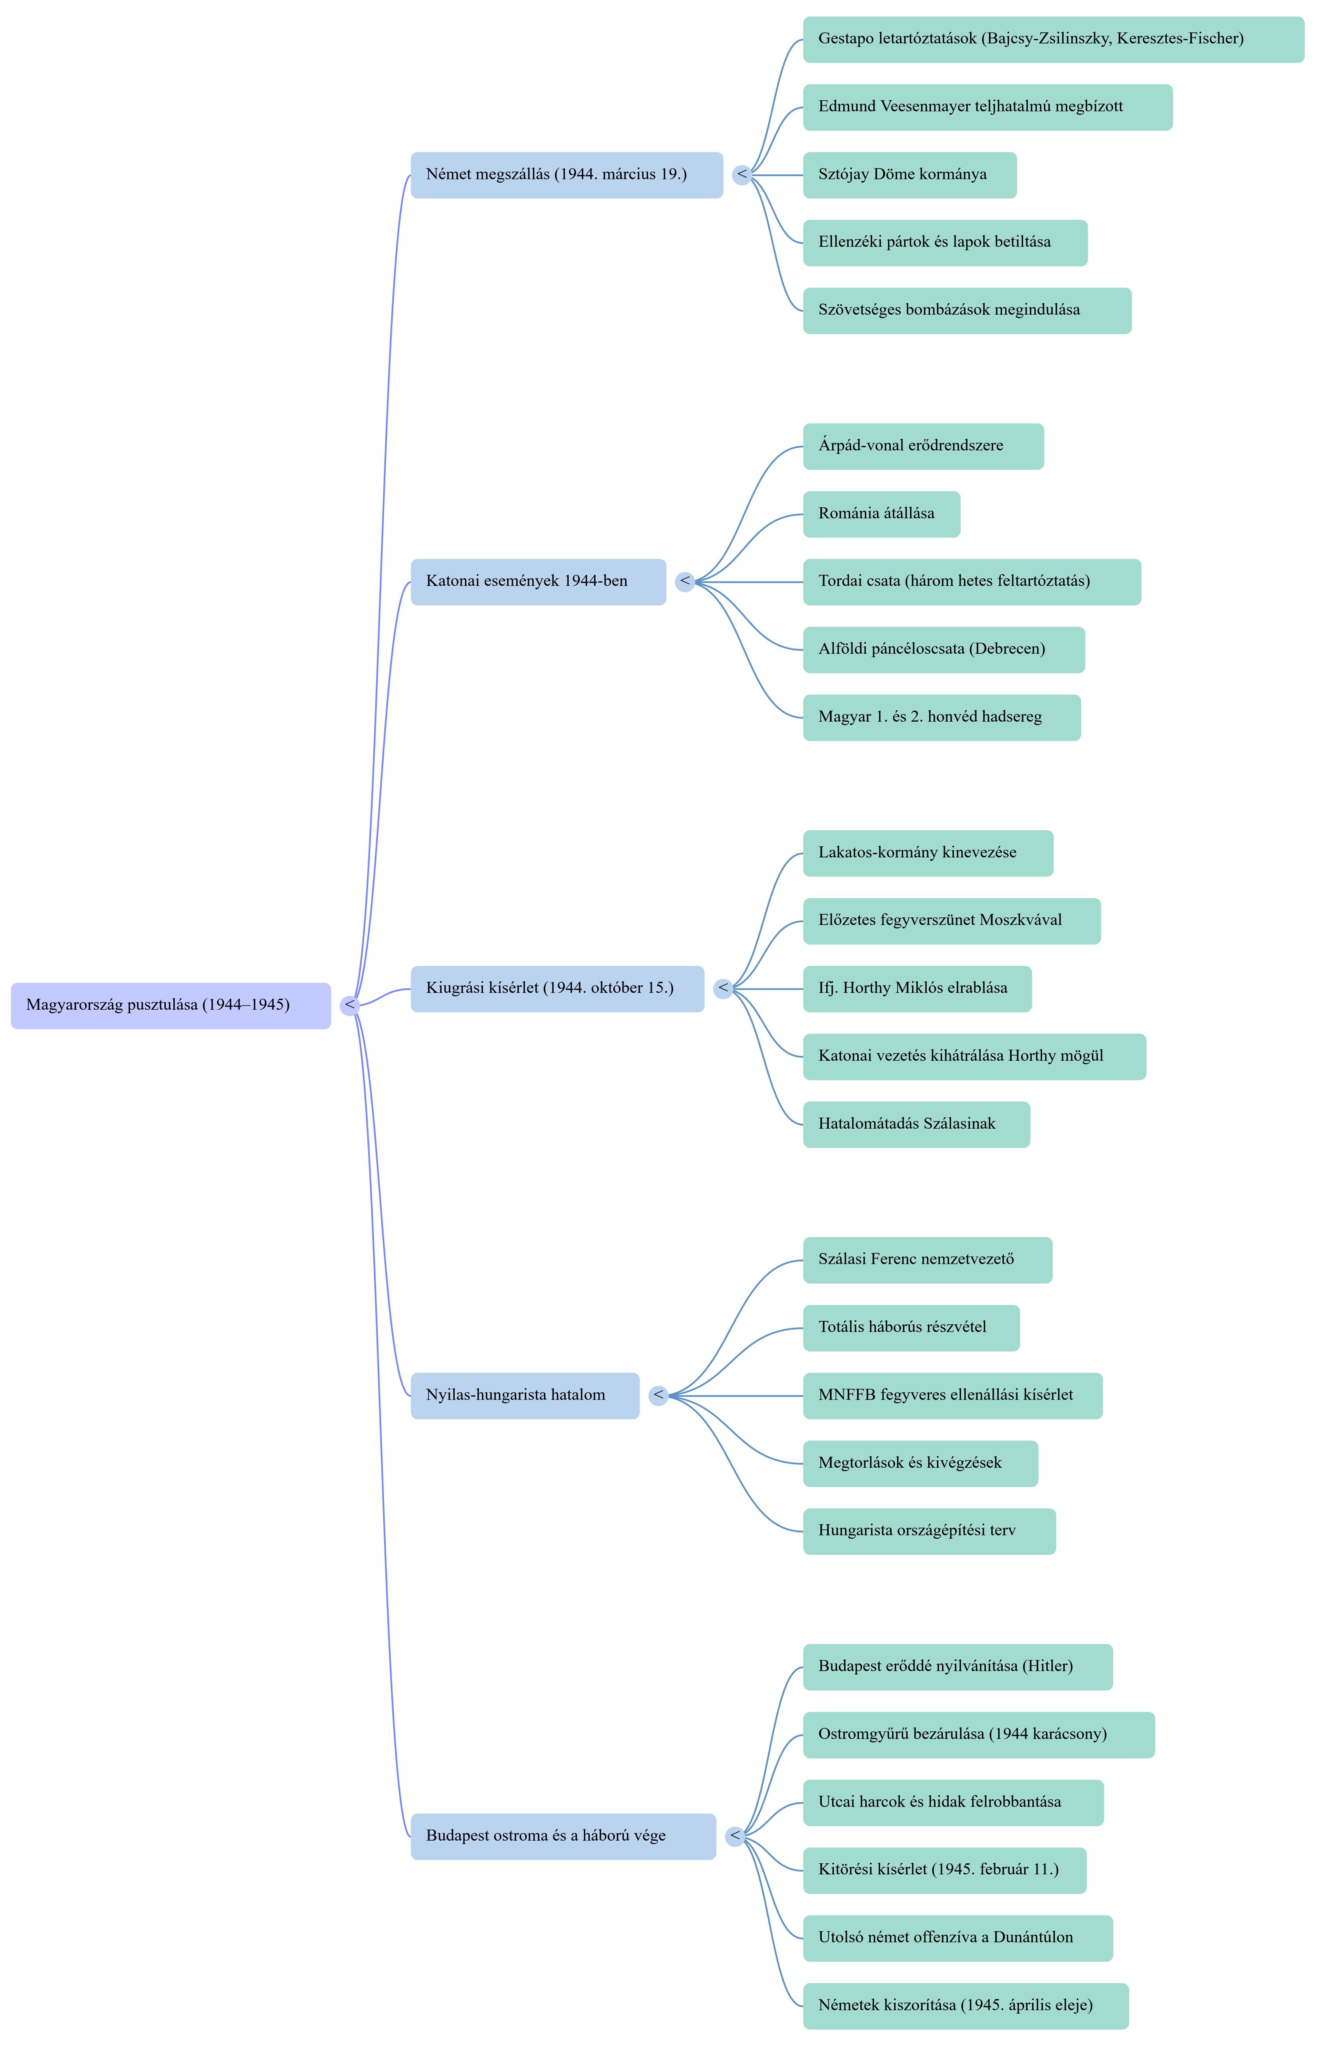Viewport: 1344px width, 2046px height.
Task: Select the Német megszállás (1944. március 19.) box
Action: tap(567, 175)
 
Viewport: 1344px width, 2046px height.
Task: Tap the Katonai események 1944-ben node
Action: tap(538, 582)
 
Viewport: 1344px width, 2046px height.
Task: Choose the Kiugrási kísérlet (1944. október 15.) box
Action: tap(557, 989)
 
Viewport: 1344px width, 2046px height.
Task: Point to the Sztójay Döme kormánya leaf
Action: tap(910, 175)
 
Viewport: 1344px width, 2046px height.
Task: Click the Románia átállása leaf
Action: tap(881, 514)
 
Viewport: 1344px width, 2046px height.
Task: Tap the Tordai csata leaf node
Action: tap(972, 582)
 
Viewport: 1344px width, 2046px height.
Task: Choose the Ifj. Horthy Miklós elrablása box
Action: tap(918, 989)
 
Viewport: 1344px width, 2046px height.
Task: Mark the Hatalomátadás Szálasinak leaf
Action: tap(917, 1124)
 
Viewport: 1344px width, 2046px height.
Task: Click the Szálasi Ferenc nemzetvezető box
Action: tap(928, 1260)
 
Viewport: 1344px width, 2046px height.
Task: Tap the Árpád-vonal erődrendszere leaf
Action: tap(923, 446)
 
